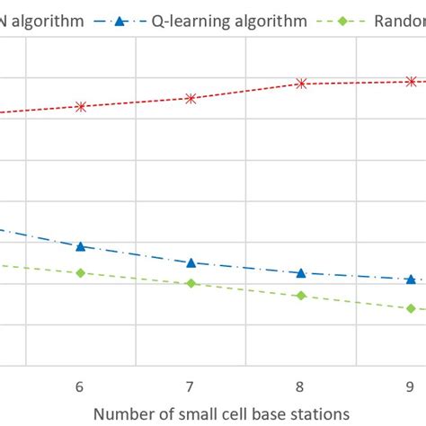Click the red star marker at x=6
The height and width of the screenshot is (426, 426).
pos(81,106)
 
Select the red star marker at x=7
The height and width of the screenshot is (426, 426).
pos(191,98)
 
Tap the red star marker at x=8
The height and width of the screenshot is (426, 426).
pos(301,84)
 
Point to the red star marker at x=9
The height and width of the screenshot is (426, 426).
pos(411,81)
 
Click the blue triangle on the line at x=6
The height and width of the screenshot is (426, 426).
pos(81,245)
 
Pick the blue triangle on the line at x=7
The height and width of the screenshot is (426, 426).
pos(191,262)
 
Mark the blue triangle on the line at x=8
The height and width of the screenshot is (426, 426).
pos(301,272)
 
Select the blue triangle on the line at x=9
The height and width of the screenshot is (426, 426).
pos(411,280)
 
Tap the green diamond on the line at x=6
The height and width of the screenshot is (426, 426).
pos(81,272)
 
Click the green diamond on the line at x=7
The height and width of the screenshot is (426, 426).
pos(191,283)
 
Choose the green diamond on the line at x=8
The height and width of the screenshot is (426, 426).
pos(301,296)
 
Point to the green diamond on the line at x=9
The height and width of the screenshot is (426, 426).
pos(411,308)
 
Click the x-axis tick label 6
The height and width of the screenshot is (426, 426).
pos(80,386)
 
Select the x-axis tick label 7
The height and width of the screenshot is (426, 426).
pos(191,386)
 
